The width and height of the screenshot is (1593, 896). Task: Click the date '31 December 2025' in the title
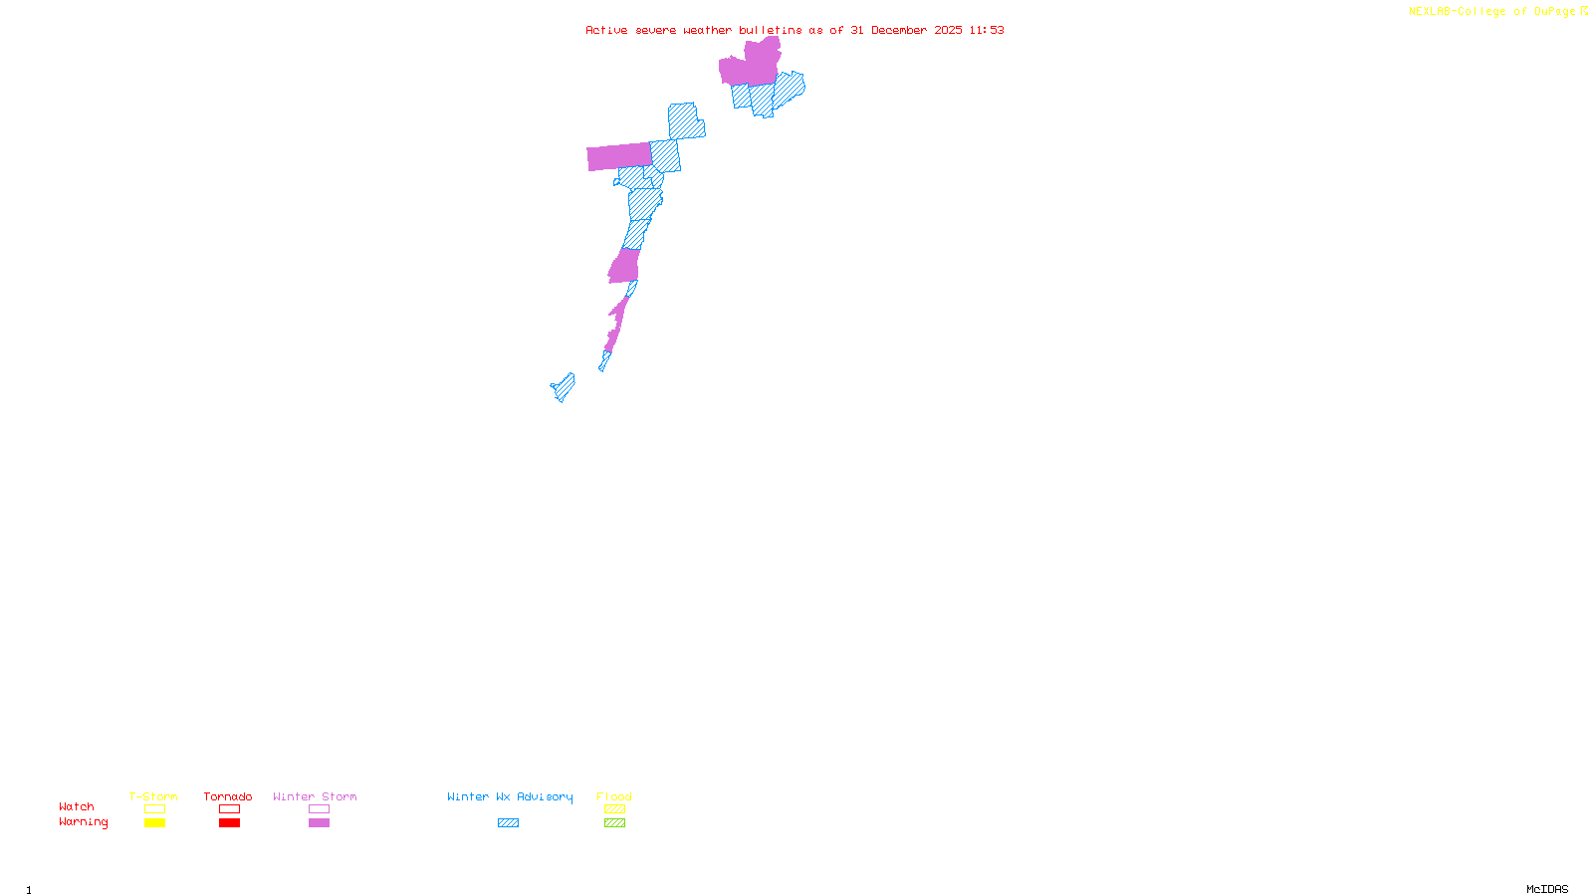[906, 30]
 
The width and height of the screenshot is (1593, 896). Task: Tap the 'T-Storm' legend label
[153, 796]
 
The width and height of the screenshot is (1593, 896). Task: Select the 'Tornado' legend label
[228, 796]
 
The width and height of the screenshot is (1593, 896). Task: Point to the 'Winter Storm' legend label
[315, 796]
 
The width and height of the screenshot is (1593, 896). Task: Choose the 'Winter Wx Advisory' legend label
[510, 796]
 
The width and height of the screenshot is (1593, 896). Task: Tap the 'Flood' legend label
[614, 796]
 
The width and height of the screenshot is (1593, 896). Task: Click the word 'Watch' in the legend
[77, 806]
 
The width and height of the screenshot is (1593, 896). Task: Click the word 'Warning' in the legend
[83, 822]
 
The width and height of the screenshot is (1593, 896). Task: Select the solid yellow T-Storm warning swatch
[154, 823]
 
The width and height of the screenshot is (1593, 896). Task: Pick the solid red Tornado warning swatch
[230, 823]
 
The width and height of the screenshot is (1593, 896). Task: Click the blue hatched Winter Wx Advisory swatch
[508, 823]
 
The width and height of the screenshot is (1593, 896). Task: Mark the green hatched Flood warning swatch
[615, 823]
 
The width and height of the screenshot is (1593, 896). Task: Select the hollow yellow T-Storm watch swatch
[154, 809]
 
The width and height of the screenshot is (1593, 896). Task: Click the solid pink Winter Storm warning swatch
[319, 823]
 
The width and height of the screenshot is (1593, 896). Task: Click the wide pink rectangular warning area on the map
[618, 156]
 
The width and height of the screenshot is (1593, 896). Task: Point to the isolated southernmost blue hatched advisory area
[564, 387]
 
